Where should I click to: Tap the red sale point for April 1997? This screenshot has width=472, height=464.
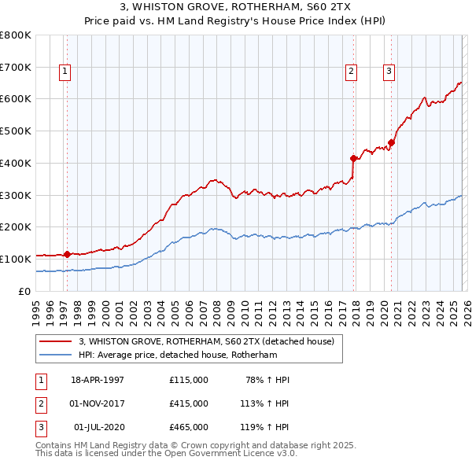(67, 254)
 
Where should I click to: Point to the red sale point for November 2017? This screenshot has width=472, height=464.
(353, 158)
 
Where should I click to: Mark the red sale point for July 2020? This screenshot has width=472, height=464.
(391, 142)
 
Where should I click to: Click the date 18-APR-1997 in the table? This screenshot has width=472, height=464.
(98, 380)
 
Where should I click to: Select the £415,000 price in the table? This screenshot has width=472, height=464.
(189, 403)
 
